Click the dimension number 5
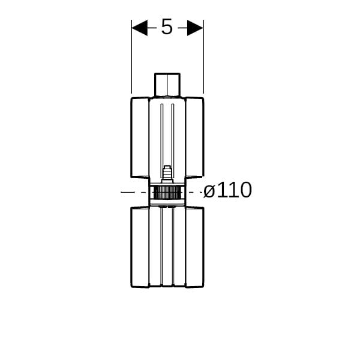pyautogui.click(x=167, y=27)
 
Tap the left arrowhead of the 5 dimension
pyautogui.click(x=140, y=28)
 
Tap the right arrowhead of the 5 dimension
pyautogui.click(x=195, y=28)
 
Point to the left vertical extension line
pyautogui.click(x=131, y=57)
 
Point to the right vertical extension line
pyautogui.click(x=203, y=57)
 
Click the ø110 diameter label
pyautogui.click(x=227, y=190)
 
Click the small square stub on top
pyautogui.click(x=167, y=85)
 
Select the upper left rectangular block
pyautogui.click(x=140, y=137)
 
